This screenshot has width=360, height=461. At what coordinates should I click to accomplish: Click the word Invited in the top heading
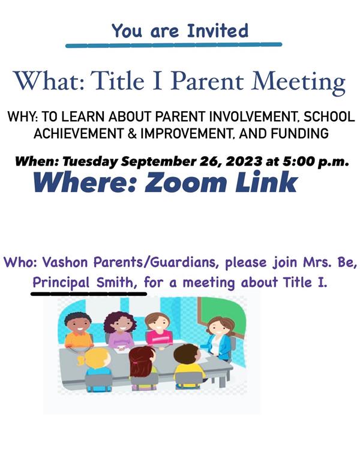click(x=218, y=31)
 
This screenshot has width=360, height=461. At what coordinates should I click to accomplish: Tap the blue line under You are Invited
click(x=173, y=45)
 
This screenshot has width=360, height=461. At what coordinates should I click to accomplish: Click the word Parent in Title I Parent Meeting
click(x=207, y=81)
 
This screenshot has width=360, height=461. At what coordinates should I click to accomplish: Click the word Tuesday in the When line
click(x=90, y=161)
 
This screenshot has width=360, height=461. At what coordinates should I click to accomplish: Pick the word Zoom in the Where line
click(x=185, y=182)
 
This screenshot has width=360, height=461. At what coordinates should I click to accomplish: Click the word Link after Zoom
click(x=266, y=182)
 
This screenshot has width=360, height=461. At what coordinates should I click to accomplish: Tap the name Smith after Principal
click(x=116, y=282)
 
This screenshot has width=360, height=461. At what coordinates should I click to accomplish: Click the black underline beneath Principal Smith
click(x=89, y=294)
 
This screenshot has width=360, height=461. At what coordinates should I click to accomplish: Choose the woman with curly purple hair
click(x=120, y=331)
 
